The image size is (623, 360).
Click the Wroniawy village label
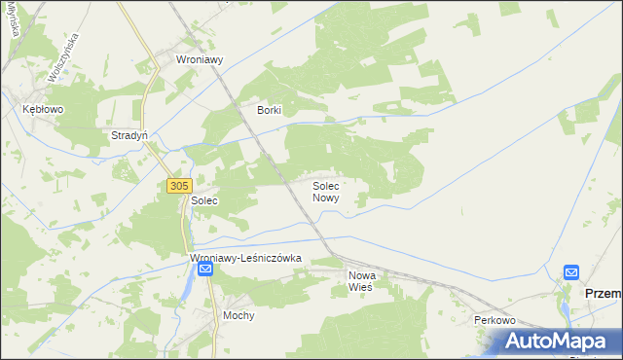click(200, 59)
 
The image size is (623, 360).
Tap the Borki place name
click(269, 110)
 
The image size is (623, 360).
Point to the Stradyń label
click(129, 136)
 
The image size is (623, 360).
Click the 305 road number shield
click(178, 185)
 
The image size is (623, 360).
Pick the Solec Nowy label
click(326, 191)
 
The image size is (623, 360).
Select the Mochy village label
click(238, 316)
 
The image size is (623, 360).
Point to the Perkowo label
click(494, 320)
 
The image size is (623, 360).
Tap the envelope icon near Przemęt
click(571, 272)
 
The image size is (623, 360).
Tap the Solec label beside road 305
click(203, 200)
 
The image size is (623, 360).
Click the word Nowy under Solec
click(326, 198)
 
